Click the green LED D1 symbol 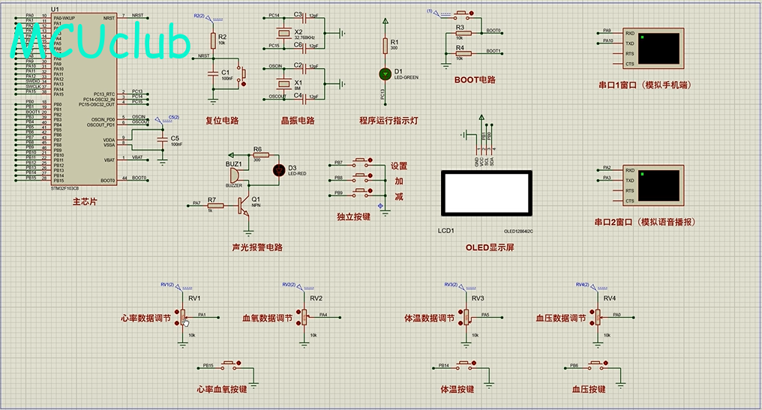tap(385, 73)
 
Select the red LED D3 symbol tap(278, 169)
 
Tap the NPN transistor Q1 tap(243, 204)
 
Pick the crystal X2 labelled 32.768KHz tap(283, 32)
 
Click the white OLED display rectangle tap(487, 196)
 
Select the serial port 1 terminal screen tap(661, 48)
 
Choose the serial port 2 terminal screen tap(661, 185)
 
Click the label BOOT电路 tap(475, 80)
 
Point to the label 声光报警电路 tap(257, 247)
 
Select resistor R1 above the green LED tap(385, 46)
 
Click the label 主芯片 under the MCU tap(84, 202)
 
